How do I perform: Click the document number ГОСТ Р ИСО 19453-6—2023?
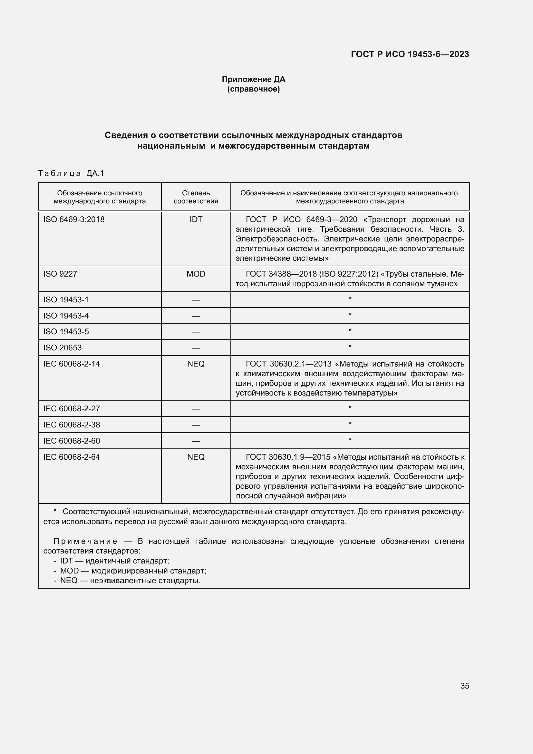pos(410,54)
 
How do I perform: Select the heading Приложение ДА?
pos(253,79)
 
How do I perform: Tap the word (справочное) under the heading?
pos(253,89)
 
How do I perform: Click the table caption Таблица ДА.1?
pos(71,173)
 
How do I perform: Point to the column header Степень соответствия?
pos(196,197)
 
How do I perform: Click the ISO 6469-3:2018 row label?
pos(74,220)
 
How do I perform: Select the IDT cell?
pos(196,220)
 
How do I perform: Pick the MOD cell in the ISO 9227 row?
pos(196,274)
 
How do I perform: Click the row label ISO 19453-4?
pos(66,316)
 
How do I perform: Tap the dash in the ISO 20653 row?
pos(196,348)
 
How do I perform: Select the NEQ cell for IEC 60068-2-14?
pos(196,364)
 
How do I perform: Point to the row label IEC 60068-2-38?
pos(72,425)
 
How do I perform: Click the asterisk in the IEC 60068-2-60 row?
pos(350,440)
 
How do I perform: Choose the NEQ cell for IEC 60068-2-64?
pos(196,457)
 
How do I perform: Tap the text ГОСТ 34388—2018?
pos(281,274)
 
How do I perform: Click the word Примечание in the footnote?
pos(85,541)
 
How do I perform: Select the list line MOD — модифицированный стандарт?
pos(133,571)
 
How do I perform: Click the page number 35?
pos(464,686)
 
